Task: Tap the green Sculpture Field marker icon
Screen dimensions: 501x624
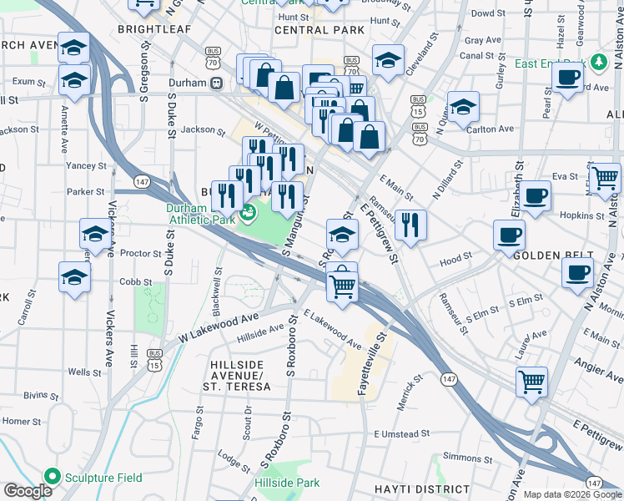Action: pos(53,477)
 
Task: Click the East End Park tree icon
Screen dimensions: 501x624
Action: pos(598,63)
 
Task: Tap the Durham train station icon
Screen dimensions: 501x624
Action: pos(216,83)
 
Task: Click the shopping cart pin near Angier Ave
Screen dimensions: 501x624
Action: pos(531,382)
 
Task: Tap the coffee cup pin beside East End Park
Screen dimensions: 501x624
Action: pos(568,78)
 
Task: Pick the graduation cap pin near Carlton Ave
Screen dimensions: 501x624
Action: pos(463,106)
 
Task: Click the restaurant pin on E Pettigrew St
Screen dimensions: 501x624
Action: pos(410,225)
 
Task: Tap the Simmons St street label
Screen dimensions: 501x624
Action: pos(462,457)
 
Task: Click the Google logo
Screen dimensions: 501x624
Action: pos(28,491)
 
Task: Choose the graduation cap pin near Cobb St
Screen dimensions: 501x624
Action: pos(75,277)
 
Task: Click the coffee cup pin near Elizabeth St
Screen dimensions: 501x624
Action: pos(535,196)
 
